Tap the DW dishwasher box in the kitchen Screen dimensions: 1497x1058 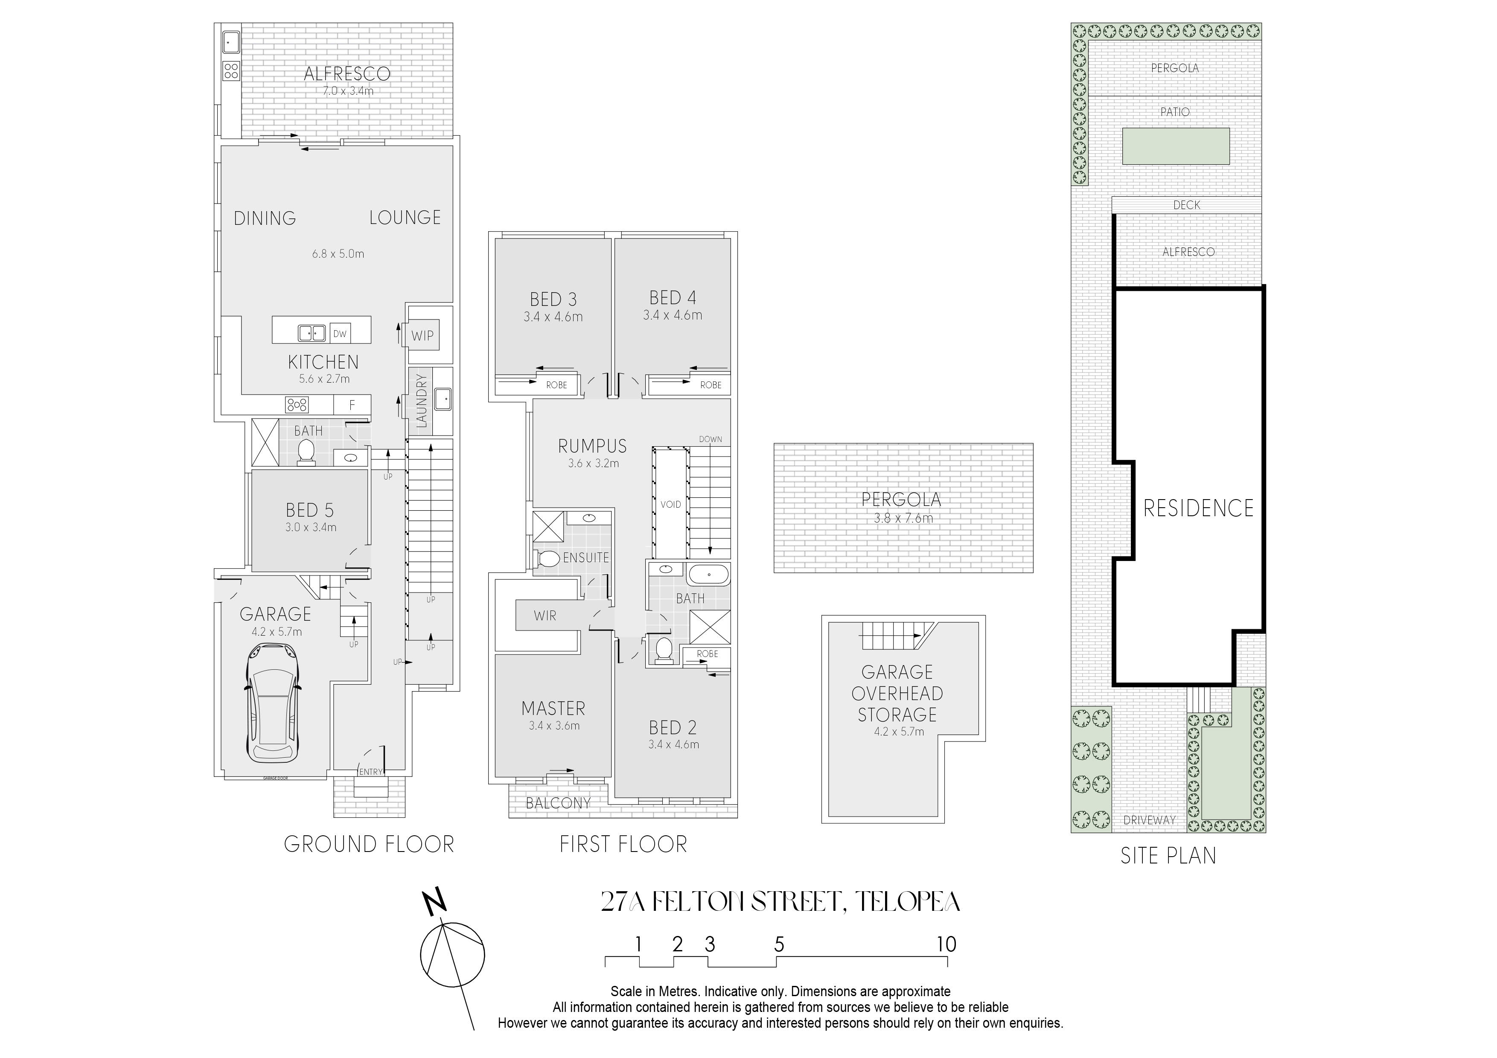tap(340, 333)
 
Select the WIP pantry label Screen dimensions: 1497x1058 tap(422, 336)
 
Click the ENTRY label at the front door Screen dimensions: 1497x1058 tap(371, 772)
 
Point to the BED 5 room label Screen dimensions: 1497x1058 tap(310, 510)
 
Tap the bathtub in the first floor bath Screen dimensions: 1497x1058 tap(708, 575)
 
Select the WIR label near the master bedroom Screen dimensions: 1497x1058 tap(545, 615)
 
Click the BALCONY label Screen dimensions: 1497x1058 tap(558, 803)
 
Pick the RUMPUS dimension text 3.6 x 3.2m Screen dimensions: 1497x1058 tap(593, 463)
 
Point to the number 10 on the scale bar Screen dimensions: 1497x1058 tap(946, 944)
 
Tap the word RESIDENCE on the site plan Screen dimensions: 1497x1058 tap(1198, 509)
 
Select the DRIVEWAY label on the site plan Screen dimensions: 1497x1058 tap(1150, 820)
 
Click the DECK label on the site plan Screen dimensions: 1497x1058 tap(1187, 205)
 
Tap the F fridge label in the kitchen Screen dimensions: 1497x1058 tap(352, 405)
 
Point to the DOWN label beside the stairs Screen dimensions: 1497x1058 tap(711, 439)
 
